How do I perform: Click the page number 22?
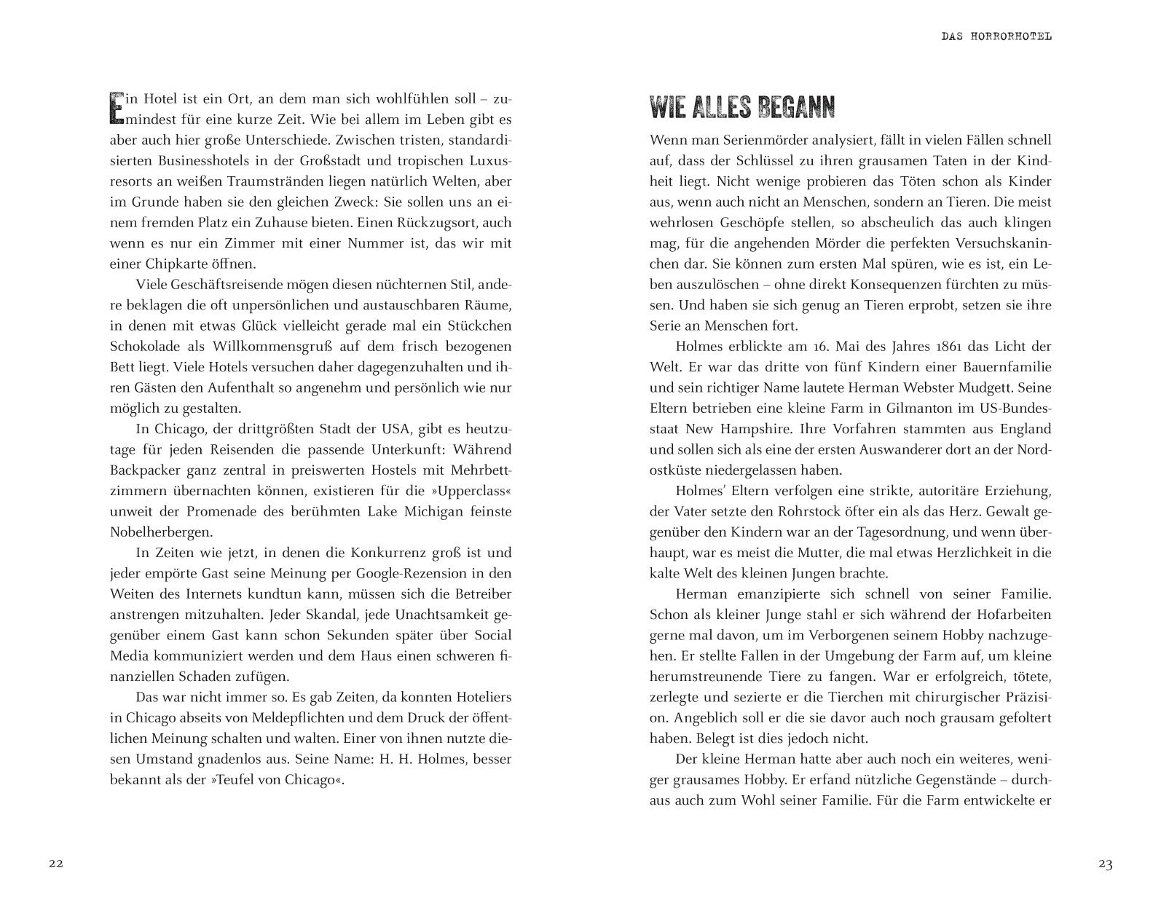[x=56, y=864]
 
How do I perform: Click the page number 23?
[x=1105, y=864]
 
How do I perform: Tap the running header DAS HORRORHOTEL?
[x=996, y=36]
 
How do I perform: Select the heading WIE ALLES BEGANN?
[x=741, y=108]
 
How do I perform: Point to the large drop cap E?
[x=116, y=106]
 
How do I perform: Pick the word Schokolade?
[x=145, y=346]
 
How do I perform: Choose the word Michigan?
[x=430, y=511]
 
